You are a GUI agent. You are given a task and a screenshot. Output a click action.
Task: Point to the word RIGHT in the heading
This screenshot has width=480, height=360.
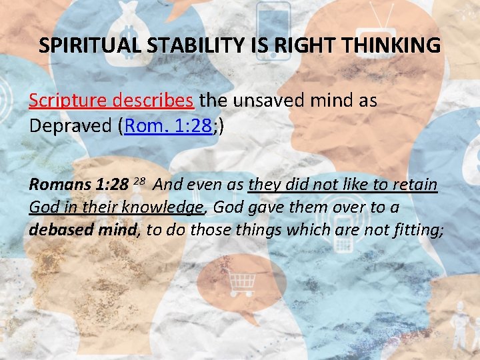pyautogui.click(x=290, y=45)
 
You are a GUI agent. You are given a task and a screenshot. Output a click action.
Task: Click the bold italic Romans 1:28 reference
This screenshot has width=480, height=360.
pyautogui.click(x=78, y=185)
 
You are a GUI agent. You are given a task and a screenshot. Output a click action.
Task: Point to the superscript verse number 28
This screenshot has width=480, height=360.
pyautogui.click(x=139, y=181)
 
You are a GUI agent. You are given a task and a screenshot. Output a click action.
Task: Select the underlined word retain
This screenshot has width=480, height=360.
pyautogui.click(x=415, y=185)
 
